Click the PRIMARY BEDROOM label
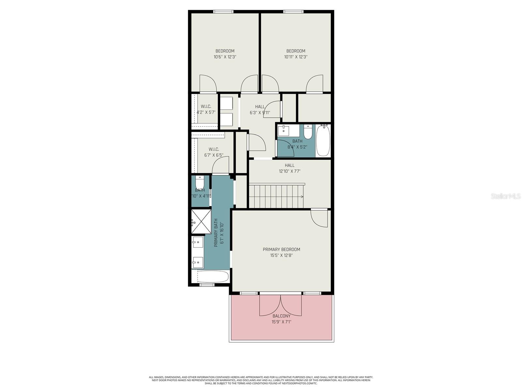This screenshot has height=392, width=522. [x=281, y=250]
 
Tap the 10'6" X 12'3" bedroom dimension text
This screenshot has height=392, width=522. [x=225, y=57]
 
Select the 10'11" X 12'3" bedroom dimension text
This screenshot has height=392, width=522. [x=296, y=57]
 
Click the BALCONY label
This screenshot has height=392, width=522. [x=281, y=316]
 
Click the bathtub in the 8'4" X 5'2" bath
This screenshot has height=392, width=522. [x=323, y=140]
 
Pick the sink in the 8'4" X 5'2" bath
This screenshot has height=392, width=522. [x=283, y=131]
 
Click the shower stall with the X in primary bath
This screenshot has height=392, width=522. [x=201, y=221]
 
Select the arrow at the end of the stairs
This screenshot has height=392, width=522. [x=302, y=197]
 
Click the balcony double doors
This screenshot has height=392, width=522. [x=281, y=305]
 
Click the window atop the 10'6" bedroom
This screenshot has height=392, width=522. [x=223, y=12]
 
